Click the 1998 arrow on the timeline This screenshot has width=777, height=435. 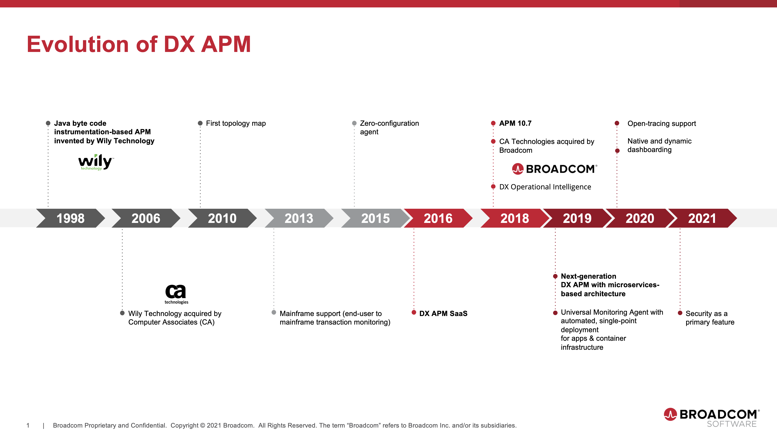pyautogui.click(x=71, y=218)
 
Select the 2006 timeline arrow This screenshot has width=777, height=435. pyautogui.click(x=146, y=218)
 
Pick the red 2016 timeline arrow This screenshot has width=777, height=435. pyautogui.click(x=438, y=218)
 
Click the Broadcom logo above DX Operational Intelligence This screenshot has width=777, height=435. pyautogui.click(x=554, y=169)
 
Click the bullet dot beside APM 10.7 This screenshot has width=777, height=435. pyautogui.click(x=493, y=123)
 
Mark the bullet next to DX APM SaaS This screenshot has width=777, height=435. pyautogui.click(x=414, y=312)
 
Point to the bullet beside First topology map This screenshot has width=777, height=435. pyautogui.click(x=200, y=123)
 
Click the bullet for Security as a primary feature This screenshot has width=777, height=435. pyautogui.click(x=680, y=313)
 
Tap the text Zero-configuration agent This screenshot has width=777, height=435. pyautogui.click(x=389, y=128)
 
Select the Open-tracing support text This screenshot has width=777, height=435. pyautogui.click(x=661, y=123)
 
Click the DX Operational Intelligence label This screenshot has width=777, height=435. pyautogui.click(x=545, y=187)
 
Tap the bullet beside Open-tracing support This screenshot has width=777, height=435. pyautogui.click(x=617, y=123)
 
